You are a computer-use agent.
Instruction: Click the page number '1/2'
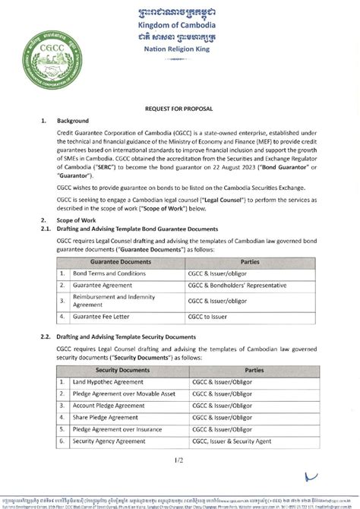[178, 460]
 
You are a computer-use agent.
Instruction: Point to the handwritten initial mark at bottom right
[311, 477]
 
